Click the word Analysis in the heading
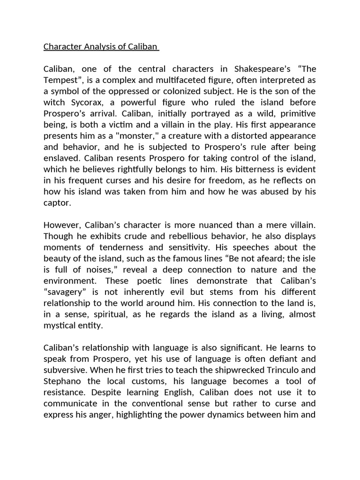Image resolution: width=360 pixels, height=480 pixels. coord(94,46)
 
